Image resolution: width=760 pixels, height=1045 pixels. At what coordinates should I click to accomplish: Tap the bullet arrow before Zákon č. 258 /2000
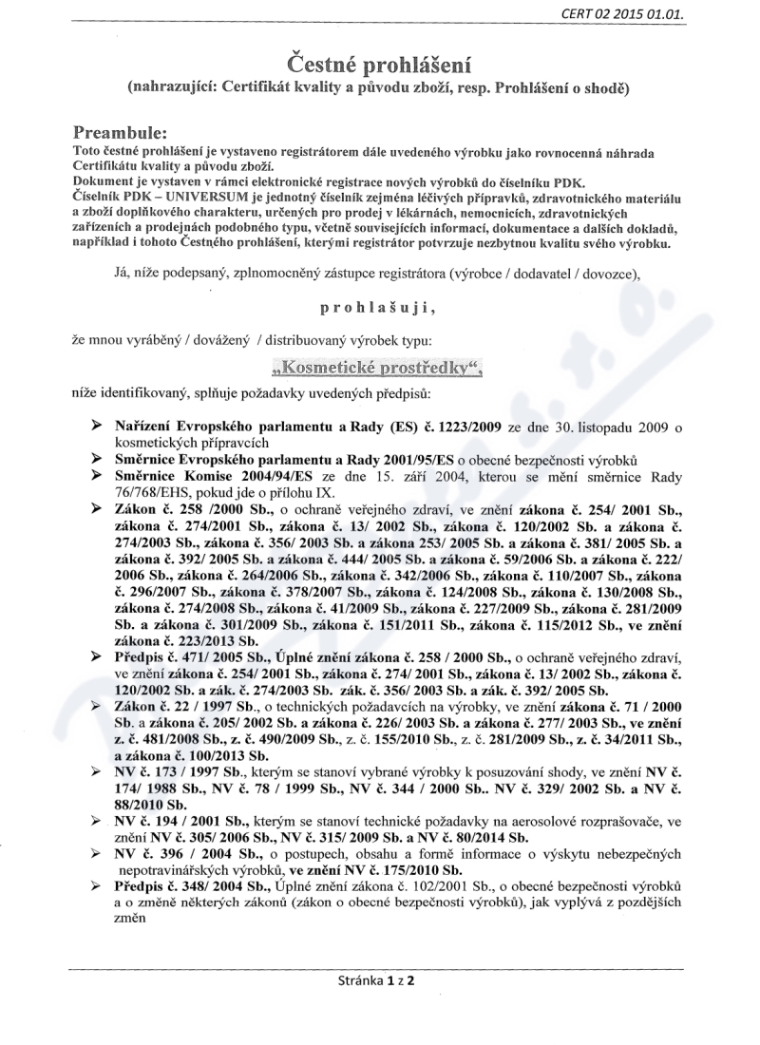[96, 509]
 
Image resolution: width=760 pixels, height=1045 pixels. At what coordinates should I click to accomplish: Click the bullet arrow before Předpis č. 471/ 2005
[96, 655]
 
